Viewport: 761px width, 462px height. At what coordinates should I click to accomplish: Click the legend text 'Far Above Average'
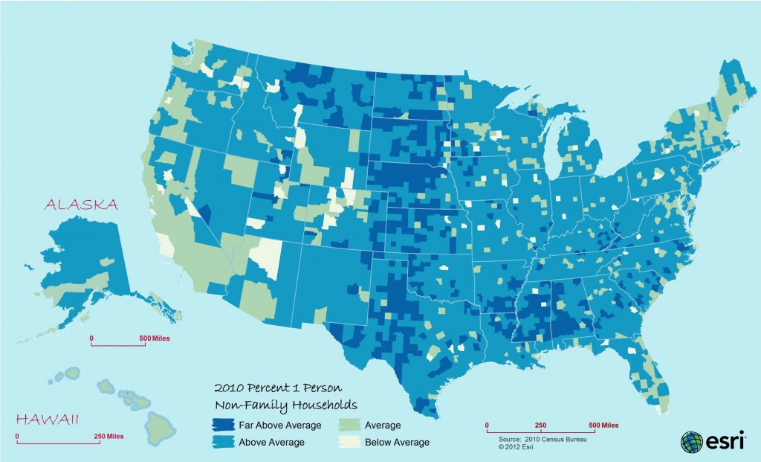click(x=279, y=426)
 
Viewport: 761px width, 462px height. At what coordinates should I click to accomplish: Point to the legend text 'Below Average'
click(x=397, y=443)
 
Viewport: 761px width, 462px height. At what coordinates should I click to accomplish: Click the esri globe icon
click(x=691, y=441)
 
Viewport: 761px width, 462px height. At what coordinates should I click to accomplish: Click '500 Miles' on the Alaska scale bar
click(x=155, y=339)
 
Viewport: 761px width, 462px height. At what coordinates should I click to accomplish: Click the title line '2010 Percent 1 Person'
click(x=278, y=388)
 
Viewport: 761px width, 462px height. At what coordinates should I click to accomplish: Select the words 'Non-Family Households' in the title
click(x=286, y=405)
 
